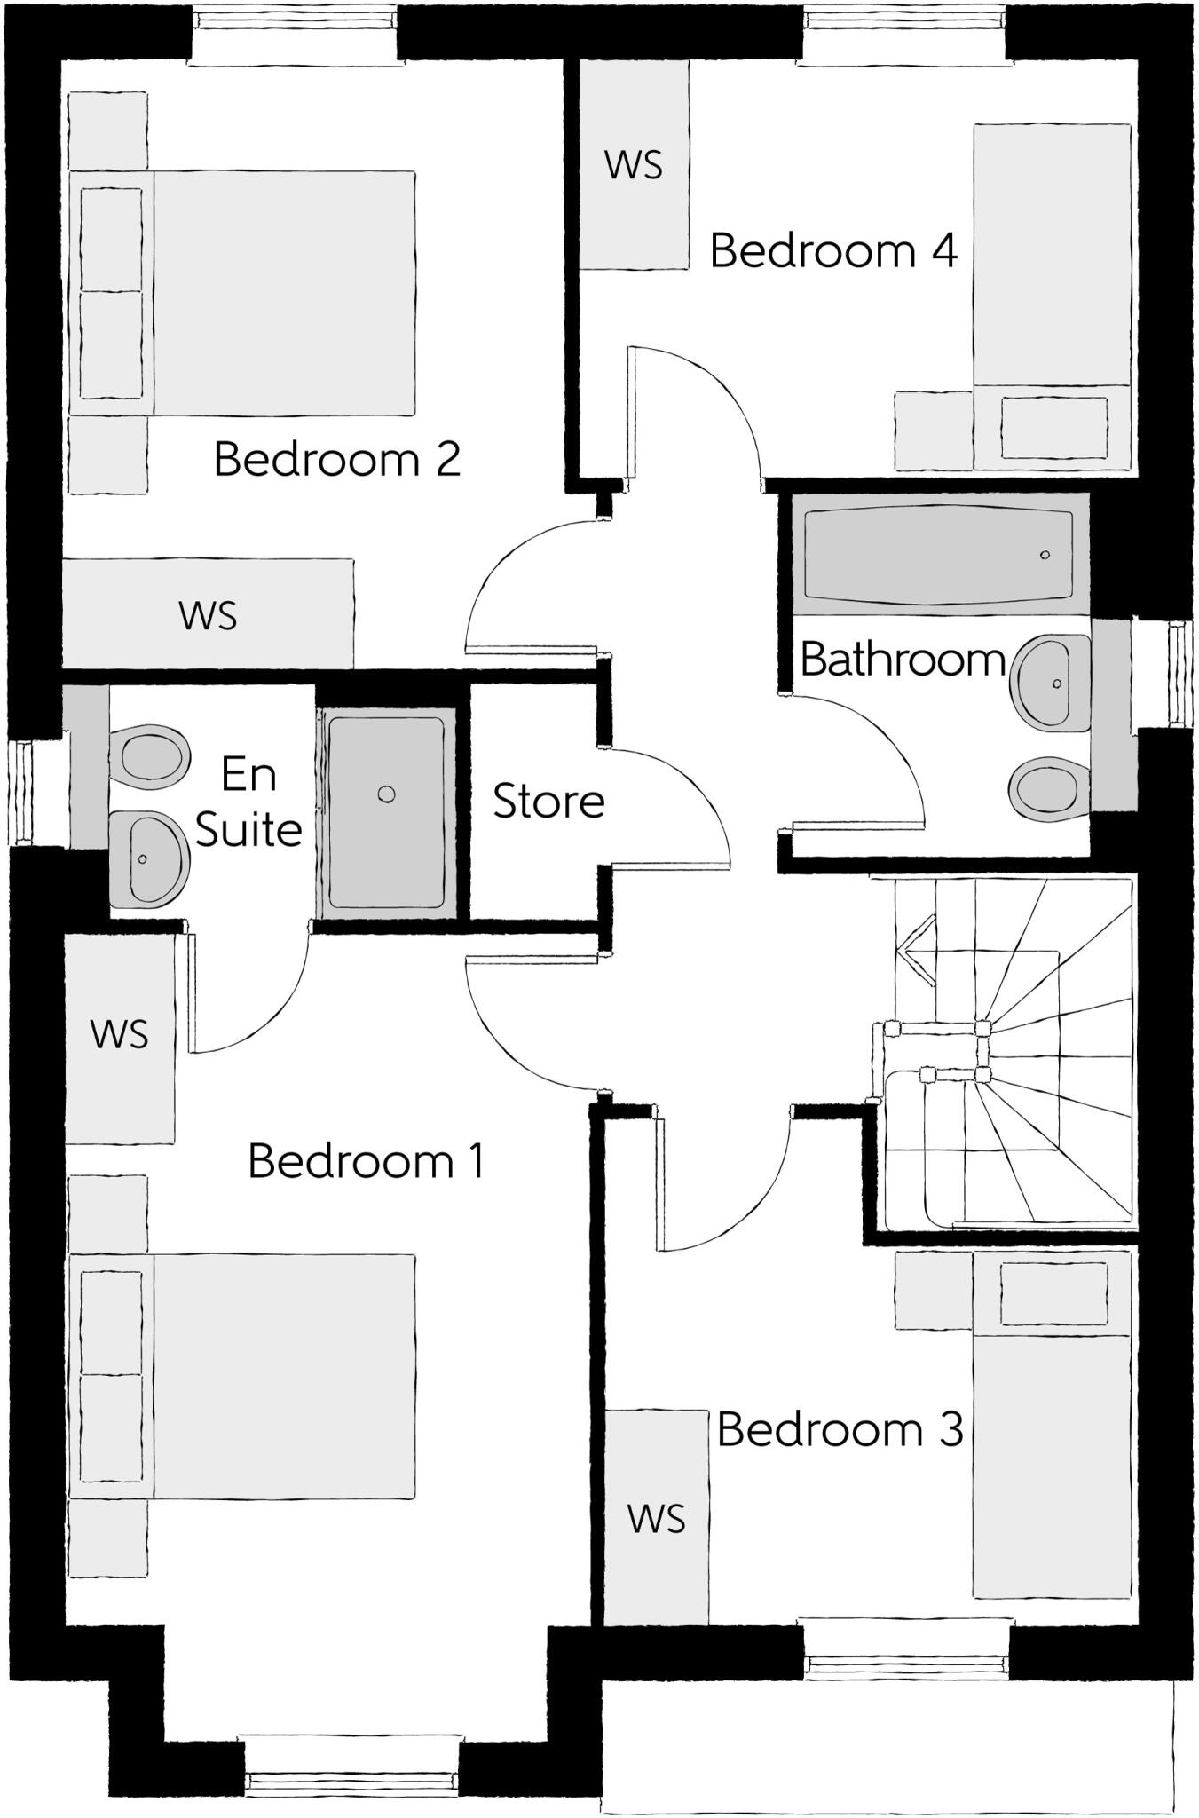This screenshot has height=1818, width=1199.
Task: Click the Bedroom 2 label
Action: pyautogui.click(x=337, y=460)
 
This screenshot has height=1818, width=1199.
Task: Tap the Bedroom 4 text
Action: pyautogui.click(x=833, y=251)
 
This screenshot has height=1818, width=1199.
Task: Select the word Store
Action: pyautogui.click(x=548, y=802)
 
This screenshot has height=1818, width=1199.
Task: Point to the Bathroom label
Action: pyautogui.click(x=902, y=660)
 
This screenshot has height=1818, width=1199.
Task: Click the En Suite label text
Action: pyautogui.click(x=248, y=802)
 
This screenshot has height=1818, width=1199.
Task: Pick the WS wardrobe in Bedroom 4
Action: pyautogui.click(x=634, y=165)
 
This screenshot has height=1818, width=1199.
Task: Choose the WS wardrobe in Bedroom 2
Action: pyautogui.click(x=208, y=615)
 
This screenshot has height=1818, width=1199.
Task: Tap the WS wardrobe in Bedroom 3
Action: pyautogui.click(x=657, y=1518)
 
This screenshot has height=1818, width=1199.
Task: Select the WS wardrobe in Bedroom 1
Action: pyautogui.click(x=120, y=1034)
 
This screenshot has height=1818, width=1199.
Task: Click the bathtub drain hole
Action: pyautogui.click(x=1045, y=555)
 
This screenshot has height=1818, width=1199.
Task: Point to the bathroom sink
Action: pyautogui.click(x=1053, y=683)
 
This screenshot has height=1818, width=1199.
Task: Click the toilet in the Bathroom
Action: pyautogui.click(x=1048, y=787)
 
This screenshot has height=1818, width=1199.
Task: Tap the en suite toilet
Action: pyautogui.click(x=149, y=757)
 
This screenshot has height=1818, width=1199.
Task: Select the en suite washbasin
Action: pyautogui.click(x=147, y=858)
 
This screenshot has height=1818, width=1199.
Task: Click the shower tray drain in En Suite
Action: pyautogui.click(x=386, y=794)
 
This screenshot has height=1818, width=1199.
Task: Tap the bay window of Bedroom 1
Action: pyautogui.click(x=352, y=1779)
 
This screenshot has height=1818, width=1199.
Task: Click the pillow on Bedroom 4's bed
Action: pyautogui.click(x=1053, y=427)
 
